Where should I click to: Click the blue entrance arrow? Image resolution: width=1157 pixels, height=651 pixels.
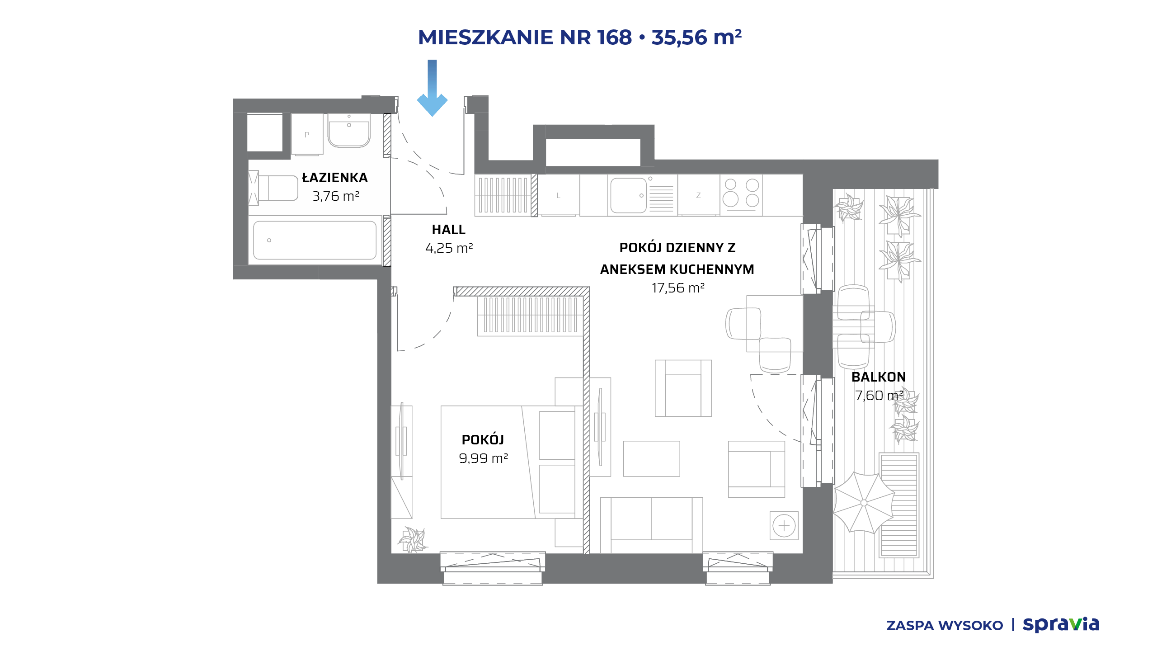click(x=432, y=88)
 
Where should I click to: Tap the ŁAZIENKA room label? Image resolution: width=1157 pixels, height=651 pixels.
click(x=335, y=177)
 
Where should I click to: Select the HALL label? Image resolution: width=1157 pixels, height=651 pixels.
click(x=448, y=230)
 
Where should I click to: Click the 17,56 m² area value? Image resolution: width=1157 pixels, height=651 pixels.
click(x=678, y=288)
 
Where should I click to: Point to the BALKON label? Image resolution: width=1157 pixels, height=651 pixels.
click(x=879, y=377)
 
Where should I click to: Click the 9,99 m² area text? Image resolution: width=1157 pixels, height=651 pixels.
click(x=483, y=458)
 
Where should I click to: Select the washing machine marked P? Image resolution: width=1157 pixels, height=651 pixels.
click(x=307, y=134)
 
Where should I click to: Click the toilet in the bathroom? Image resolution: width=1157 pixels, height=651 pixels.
click(x=273, y=188)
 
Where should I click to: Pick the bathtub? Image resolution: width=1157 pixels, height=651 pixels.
click(x=315, y=240)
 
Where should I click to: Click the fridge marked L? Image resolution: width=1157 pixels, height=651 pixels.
click(x=559, y=195)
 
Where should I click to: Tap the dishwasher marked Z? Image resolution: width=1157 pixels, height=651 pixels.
click(x=698, y=195)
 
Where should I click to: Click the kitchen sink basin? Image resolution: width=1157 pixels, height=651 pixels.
click(x=628, y=195)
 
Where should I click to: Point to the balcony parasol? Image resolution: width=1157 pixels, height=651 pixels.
click(x=864, y=503)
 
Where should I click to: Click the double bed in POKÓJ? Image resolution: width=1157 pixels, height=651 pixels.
click(x=511, y=462)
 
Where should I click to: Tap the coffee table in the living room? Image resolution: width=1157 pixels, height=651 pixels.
click(x=651, y=459)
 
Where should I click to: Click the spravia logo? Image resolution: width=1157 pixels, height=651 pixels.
click(x=1061, y=624)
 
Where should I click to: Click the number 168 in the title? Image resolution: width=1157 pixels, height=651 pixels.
click(x=614, y=37)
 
